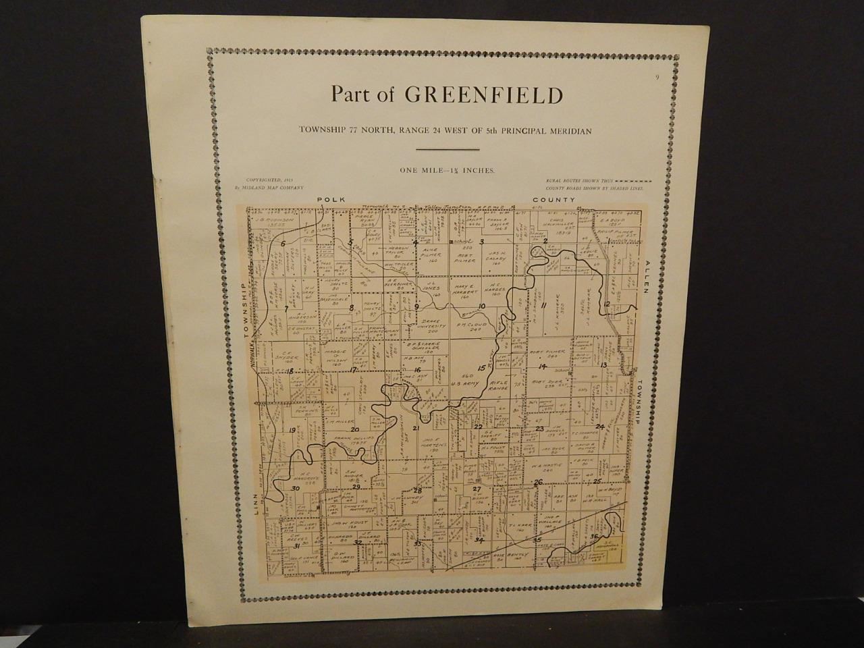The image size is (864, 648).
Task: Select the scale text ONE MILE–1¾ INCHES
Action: tap(446, 171)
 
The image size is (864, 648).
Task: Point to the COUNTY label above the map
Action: tap(553, 200)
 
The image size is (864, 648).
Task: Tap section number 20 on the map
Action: tap(354, 429)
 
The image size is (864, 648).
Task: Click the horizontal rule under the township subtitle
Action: tap(447, 149)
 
